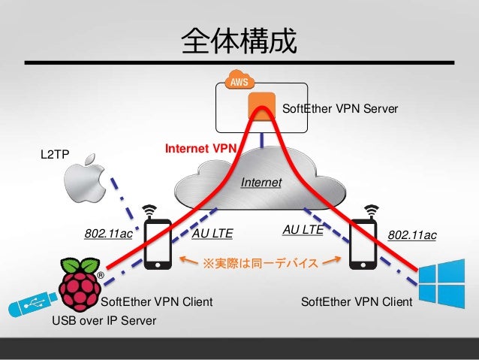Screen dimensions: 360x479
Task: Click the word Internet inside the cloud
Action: (261, 183)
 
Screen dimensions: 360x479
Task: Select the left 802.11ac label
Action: (108, 234)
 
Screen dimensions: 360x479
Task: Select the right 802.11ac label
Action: (412, 236)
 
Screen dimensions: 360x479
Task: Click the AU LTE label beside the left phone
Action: (212, 234)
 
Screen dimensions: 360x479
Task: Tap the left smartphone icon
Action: (157, 242)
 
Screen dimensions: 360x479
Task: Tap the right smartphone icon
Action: (366, 242)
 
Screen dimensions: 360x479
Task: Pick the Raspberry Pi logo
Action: (81, 283)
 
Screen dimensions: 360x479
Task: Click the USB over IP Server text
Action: (104, 322)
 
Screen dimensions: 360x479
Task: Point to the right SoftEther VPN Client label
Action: (356, 302)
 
